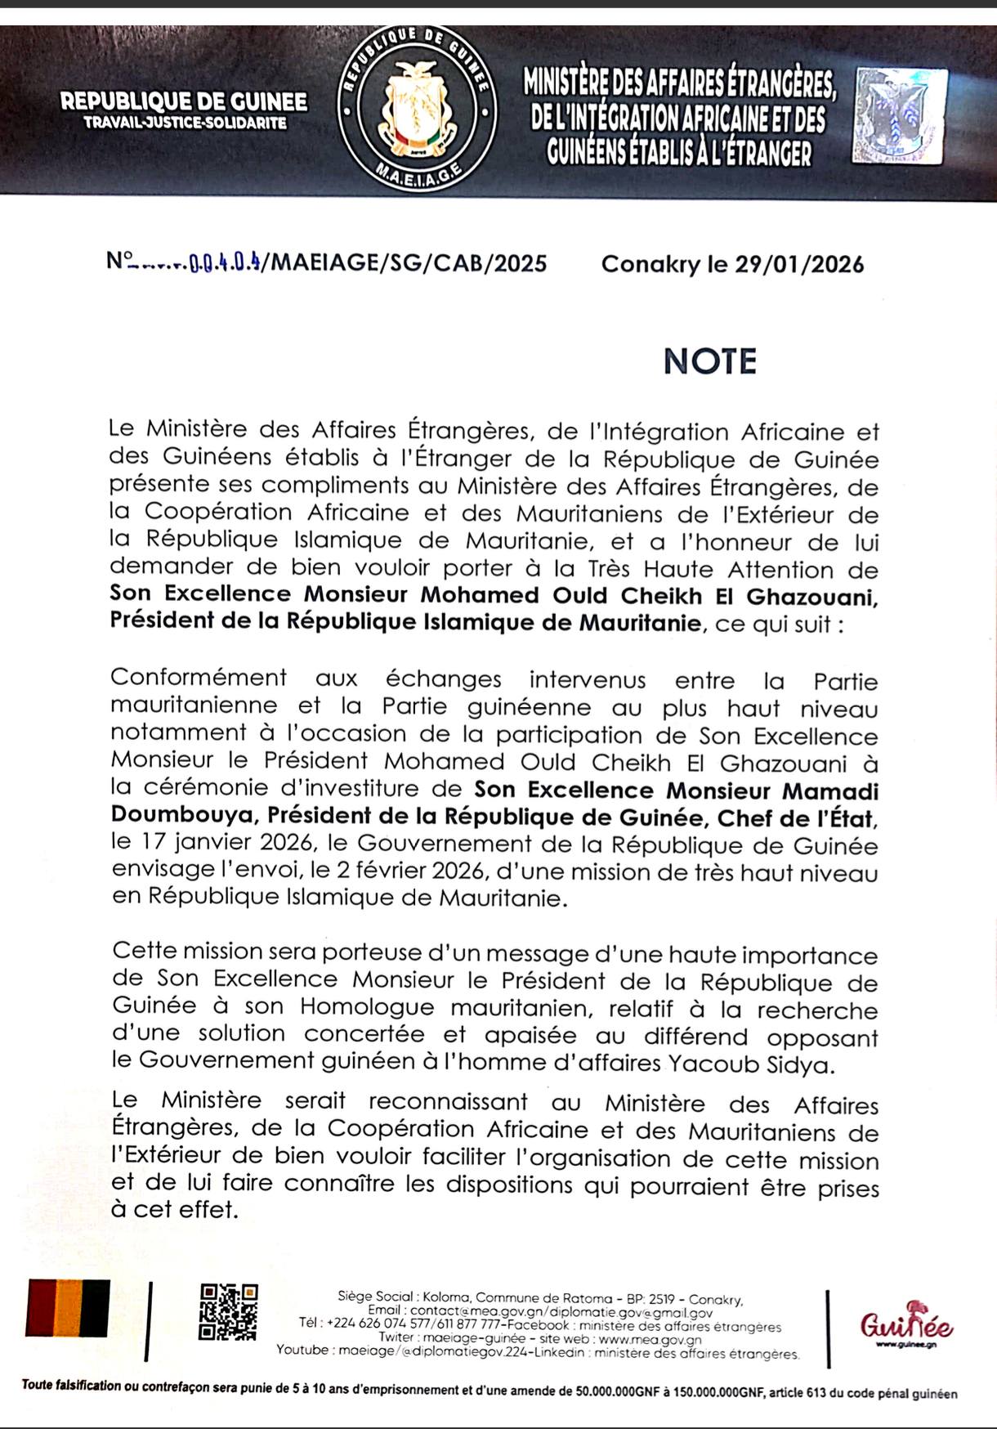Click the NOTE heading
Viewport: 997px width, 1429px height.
(709, 361)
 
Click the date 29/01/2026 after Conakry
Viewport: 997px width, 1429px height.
(799, 264)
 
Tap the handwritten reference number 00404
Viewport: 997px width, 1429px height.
(225, 264)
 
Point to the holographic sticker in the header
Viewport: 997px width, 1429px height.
(899, 116)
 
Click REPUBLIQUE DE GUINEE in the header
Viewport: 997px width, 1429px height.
(184, 102)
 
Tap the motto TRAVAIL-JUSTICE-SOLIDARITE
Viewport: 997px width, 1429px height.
(185, 123)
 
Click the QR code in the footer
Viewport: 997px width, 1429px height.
(229, 1311)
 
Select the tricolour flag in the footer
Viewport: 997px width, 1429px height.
(69, 1308)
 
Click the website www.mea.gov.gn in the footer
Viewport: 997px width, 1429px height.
(650, 1339)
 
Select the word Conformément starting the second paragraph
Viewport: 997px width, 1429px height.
(199, 678)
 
